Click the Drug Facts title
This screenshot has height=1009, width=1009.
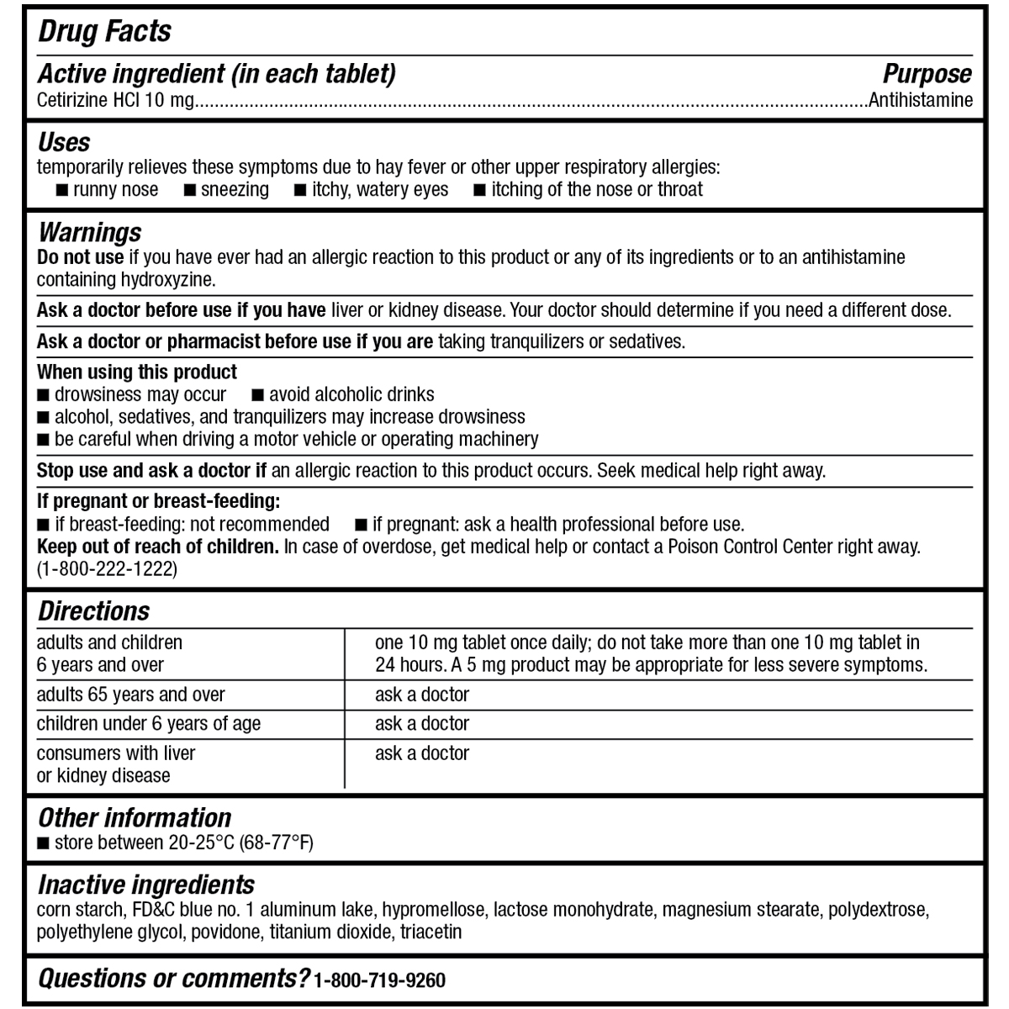click(104, 32)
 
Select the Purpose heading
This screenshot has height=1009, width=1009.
click(927, 74)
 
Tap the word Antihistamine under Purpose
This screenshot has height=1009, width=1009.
click(921, 100)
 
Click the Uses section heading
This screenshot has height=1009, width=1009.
click(64, 142)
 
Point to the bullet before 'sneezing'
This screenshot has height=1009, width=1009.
click(191, 190)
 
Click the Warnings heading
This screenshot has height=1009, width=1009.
click(89, 232)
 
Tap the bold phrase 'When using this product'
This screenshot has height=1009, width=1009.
click(137, 372)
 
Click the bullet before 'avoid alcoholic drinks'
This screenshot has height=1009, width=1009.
click(258, 394)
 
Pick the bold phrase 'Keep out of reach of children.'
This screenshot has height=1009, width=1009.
click(158, 547)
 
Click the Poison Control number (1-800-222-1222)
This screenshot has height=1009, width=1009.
click(107, 569)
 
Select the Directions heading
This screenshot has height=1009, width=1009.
click(93, 611)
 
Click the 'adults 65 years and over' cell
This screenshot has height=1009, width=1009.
click(130, 695)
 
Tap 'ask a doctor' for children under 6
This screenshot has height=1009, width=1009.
click(421, 723)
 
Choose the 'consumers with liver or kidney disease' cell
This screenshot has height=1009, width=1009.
click(116, 763)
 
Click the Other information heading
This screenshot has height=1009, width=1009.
click(135, 817)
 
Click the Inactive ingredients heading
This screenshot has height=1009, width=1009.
click(145, 885)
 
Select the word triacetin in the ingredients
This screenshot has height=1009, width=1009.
click(431, 932)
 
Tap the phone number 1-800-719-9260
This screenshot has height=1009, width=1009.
click(379, 980)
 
